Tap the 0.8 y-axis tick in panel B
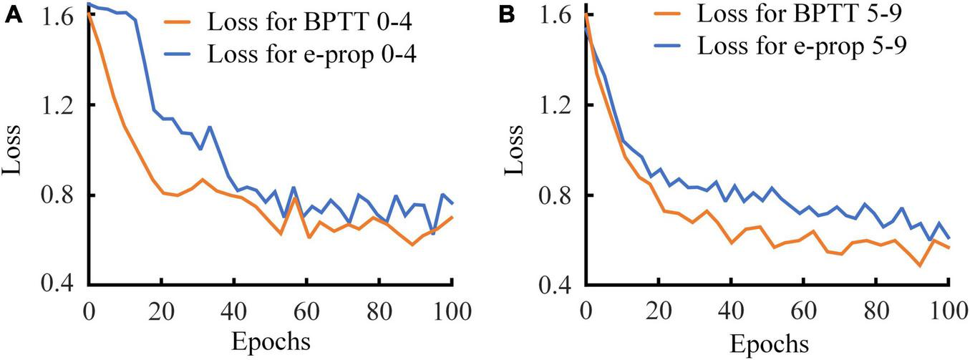click(x=554, y=195)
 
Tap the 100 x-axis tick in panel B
click(x=948, y=313)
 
